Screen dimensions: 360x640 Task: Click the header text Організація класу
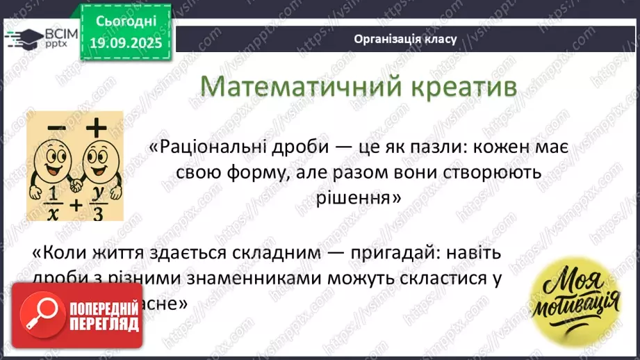pyautogui.click(x=405, y=39)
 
